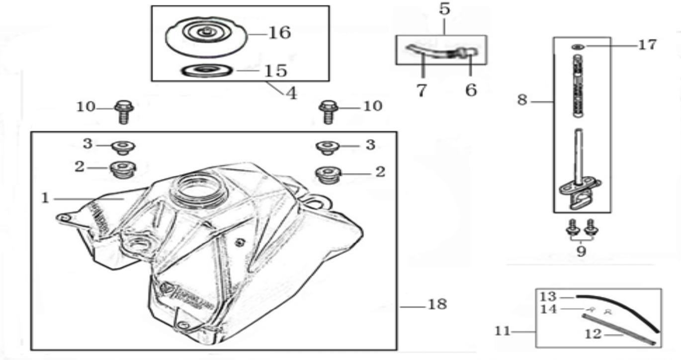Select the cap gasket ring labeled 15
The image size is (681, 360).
(207, 71)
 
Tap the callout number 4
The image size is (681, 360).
(291, 93)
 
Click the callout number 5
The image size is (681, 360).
(444, 8)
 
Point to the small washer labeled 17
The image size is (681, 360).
(578, 47)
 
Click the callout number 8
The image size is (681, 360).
(522, 100)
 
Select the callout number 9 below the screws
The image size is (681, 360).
(581, 252)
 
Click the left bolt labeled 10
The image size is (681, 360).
(124, 112)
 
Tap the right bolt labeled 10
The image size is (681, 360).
(328, 112)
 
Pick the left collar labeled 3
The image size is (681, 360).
(123, 148)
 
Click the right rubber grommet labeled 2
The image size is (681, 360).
(328, 175)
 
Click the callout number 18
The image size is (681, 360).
(437, 304)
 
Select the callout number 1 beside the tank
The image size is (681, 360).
(45, 198)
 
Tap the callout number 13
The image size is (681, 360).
(548, 296)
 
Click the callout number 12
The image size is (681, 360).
(593, 335)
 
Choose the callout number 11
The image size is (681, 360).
(503, 331)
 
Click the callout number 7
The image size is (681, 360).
(422, 90)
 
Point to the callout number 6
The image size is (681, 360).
(471, 90)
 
